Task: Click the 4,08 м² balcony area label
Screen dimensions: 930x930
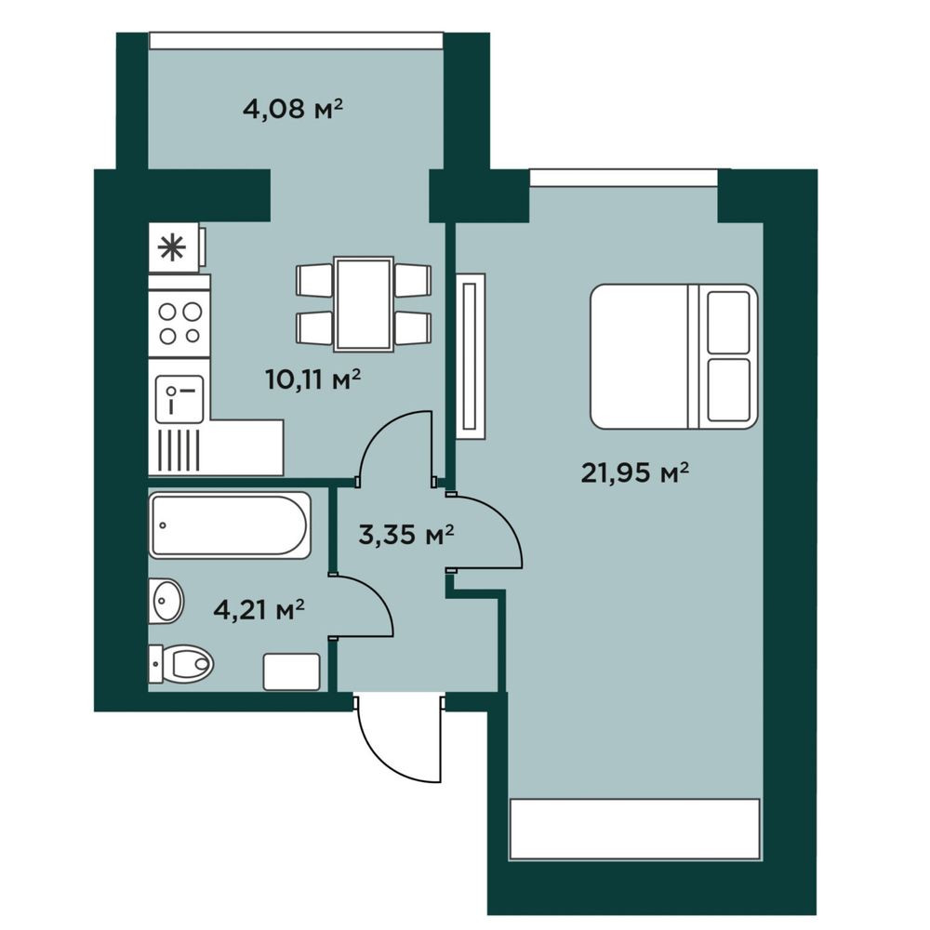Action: coord(293,110)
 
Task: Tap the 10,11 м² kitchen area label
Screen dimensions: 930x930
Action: coord(313,379)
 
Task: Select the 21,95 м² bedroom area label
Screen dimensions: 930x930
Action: coord(634,472)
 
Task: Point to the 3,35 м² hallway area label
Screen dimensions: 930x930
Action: coord(406,535)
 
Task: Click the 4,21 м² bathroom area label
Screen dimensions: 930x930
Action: coord(259,609)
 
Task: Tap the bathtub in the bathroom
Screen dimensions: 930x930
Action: coord(230,525)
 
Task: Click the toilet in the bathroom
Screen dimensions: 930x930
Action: coord(181,664)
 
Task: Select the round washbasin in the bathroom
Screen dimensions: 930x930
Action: coord(166,601)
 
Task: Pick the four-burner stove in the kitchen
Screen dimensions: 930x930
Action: coord(179,324)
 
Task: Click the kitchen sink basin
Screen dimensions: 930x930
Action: coord(179,399)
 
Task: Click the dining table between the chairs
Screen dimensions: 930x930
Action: coord(364,304)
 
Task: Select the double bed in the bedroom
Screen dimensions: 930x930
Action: coord(673,356)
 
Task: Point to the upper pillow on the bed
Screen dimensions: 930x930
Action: coord(729,322)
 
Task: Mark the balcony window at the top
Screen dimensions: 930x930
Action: coord(296,40)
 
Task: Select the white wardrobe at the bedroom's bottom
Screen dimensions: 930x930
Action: coord(634,829)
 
